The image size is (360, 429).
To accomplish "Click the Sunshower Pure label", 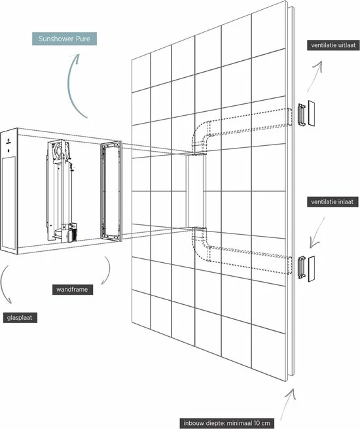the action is click(x=64, y=39).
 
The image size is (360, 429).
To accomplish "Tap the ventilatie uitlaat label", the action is click(x=333, y=45).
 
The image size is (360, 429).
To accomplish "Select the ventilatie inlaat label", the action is click(x=333, y=202).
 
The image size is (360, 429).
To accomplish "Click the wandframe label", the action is click(x=73, y=290).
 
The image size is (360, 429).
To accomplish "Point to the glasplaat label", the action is click(x=20, y=318).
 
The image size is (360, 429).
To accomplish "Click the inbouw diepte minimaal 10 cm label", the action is click(x=226, y=423).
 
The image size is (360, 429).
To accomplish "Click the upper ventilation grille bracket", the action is click(x=302, y=114).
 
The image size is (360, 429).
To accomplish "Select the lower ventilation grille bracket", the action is click(x=302, y=267).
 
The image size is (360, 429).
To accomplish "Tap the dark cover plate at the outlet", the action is click(x=312, y=113).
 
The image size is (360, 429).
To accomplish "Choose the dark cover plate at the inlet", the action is click(x=312, y=269).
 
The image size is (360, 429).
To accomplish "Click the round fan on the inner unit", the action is click(x=58, y=150).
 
